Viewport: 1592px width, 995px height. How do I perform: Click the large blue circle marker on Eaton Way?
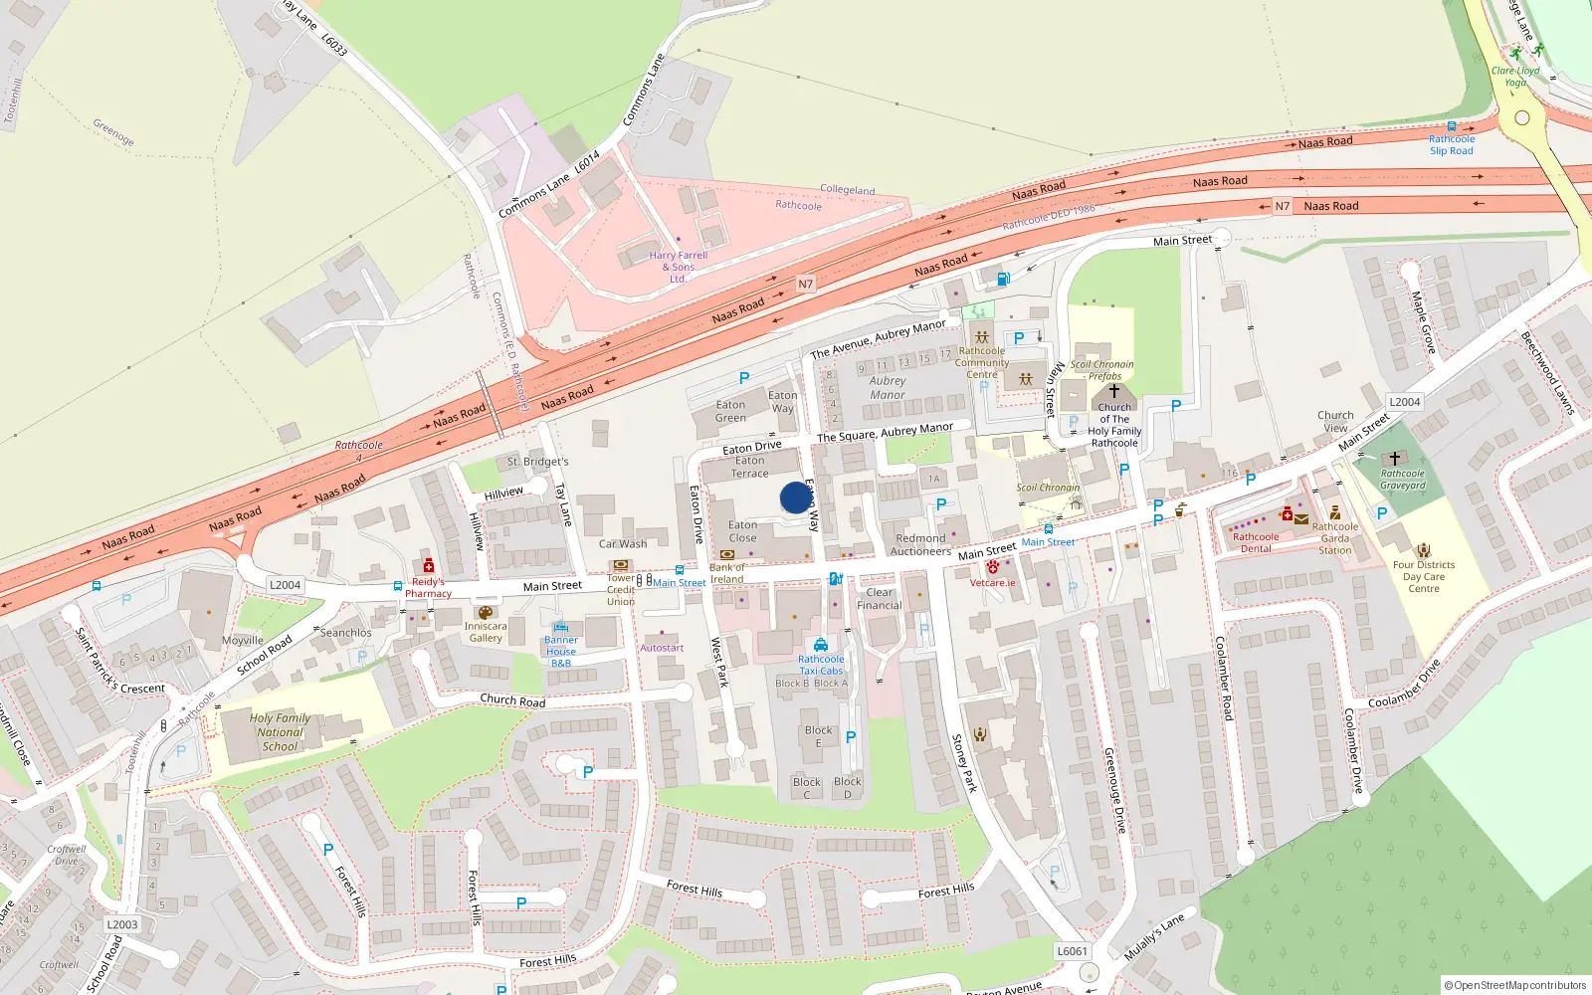coord(795,497)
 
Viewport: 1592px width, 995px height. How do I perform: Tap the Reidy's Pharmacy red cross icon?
coord(429,566)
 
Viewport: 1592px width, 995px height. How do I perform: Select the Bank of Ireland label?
coord(726,573)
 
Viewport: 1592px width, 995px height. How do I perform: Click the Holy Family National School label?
coord(280,732)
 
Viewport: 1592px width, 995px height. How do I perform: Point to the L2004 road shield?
coord(285,585)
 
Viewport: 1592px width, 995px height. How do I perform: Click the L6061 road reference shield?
coord(1072,951)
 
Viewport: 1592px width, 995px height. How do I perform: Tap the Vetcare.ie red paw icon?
coord(992,567)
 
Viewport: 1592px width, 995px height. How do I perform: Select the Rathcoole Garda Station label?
coord(1335,538)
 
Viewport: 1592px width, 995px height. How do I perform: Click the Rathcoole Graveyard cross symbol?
coord(1394,459)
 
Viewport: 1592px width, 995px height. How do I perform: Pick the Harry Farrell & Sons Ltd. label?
coord(678,267)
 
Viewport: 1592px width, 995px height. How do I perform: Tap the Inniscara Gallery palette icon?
coord(486,613)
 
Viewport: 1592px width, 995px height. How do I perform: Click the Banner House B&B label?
coord(561,652)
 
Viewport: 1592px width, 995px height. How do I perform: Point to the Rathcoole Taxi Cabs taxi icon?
coord(820,645)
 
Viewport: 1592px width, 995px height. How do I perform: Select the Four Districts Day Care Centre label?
coord(1424,576)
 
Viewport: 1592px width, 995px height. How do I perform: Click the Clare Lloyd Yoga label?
coord(1515,77)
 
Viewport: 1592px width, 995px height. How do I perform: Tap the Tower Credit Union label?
coord(621,589)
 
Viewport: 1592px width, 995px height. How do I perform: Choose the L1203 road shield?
coord(122,924)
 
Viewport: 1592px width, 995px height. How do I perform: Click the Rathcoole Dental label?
coord(1256,542)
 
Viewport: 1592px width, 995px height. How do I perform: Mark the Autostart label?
coord(662,648)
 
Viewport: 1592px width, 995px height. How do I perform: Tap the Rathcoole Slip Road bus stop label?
coord(1452,145)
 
